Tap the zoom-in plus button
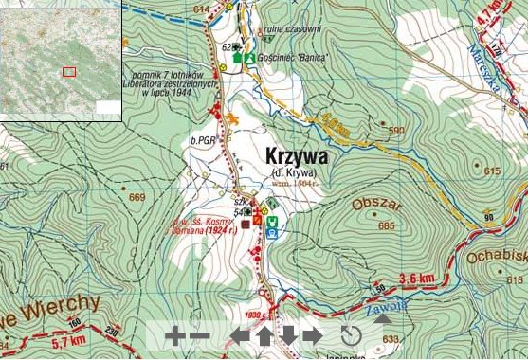(x=174, y=335)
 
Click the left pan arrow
(x=241, y=335)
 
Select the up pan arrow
(x=264, y=335)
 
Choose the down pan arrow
(x=288, y=335)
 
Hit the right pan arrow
(x=313, y=335)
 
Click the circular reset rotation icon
(x=351, y=335)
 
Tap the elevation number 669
(x=138, y=197)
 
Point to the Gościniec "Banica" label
(x=293, y=58)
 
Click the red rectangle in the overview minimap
(x=68, y=71)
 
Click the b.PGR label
(x=204, y=140)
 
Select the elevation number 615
(x=490, y=171)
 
